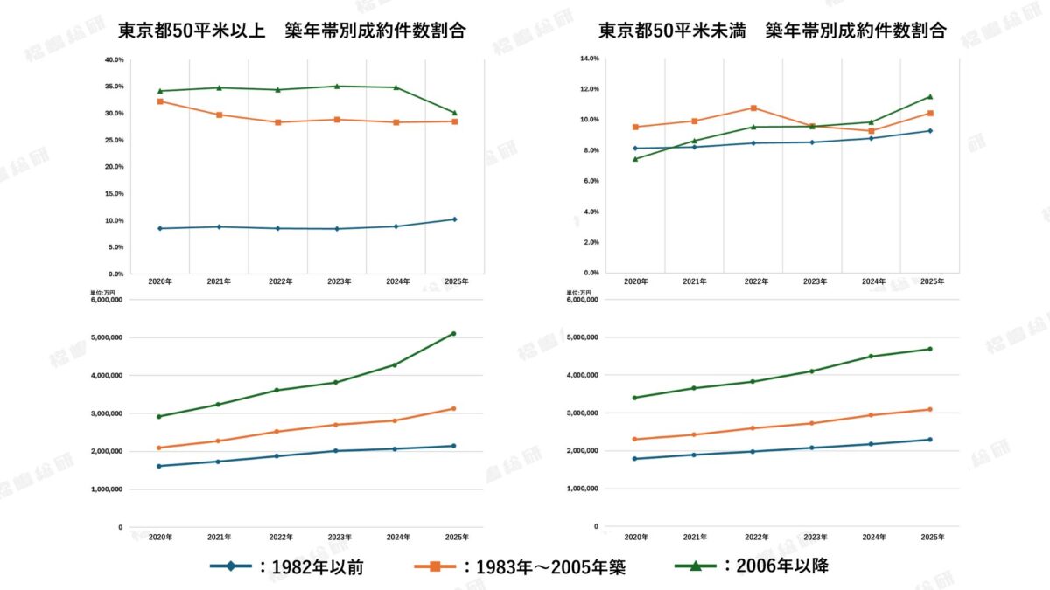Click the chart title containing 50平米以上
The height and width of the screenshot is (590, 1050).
pyautogui.click(x=291, y=30)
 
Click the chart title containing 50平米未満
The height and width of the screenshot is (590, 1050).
pyautogui.click(x=772, y=30)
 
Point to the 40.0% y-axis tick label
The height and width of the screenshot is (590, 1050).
pyautogui.click(x=114, y=60)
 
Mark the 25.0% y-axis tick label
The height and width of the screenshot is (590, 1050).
pyautogui.click(x=114, y=141)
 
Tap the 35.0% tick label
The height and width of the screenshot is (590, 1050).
pyautogui.click(x=114, y=87)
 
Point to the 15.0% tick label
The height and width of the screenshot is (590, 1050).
pyautogui.click(x=114, y=194)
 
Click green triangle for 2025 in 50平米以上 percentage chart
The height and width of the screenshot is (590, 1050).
pyautogui.click(x=454, y=113)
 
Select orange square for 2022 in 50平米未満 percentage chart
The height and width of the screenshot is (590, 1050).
pyautogui.click(x=753, y=108)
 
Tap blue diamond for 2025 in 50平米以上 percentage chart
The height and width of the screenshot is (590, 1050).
pyautogui.click(x=454, y=219)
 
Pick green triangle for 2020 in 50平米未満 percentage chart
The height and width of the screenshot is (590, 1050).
pyautogui.click(x=635, y=158)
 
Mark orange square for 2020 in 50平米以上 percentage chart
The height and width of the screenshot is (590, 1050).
pyautogui.click(x=159, y=101)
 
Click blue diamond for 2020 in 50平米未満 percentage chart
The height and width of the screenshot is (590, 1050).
pyautogui.click(x=635, y=148)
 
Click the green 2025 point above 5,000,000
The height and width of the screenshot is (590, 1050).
pyautogui.click(x=453, y=333)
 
